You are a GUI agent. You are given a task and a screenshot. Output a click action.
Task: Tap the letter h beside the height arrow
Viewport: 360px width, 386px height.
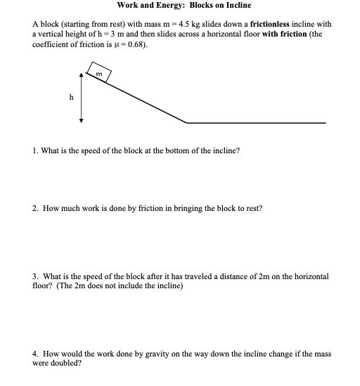pyautogui.click(x=71, y=97)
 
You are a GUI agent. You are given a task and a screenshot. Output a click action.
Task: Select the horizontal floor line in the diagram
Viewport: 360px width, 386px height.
pyautogui.click(x=256, y=123)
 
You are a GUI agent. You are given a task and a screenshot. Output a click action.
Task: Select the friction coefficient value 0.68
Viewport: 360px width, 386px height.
pyautogui.click(x=137, y=44)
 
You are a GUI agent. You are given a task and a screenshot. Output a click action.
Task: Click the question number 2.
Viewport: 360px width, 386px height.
pyautogui.click(x=35, y=210)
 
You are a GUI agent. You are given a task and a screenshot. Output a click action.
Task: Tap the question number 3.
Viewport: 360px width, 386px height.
pyautogui.click(x=35, y=277)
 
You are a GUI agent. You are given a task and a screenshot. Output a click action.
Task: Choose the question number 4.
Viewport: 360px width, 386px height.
pyautogui.click(x=35, y=354)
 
